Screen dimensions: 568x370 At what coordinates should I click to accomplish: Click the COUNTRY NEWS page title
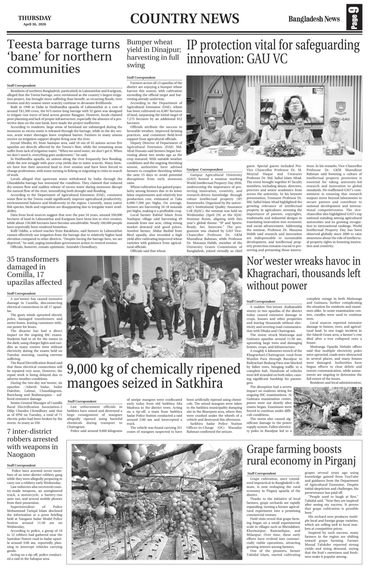[184, 19]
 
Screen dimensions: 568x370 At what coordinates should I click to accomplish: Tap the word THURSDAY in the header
[35, 18]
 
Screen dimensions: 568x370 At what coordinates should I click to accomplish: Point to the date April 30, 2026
[35, 24]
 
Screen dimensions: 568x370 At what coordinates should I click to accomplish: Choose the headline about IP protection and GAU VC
[273, 52]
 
